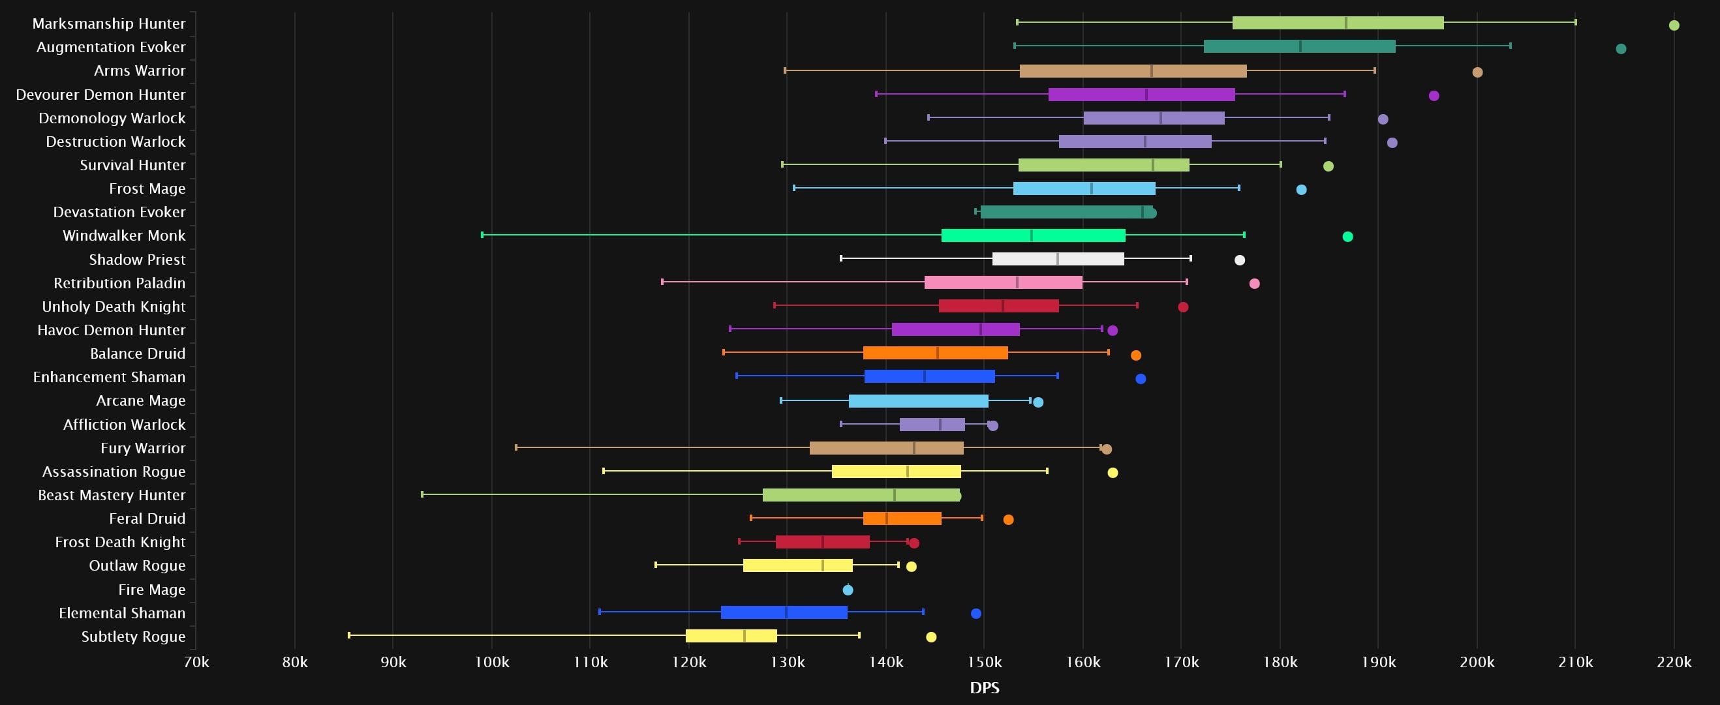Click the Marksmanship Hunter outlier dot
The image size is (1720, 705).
click(1673, 25)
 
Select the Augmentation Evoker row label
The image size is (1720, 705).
click(111, 48)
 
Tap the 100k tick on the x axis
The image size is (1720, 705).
click(491, 662)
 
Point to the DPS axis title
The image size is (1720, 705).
click(984, 687)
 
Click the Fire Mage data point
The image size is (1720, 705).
click(848, 590)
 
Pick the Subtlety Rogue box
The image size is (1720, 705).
click(731, 637)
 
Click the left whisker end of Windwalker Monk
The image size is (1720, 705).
click(482, 235)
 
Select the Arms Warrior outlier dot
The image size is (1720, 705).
click(1477, 72)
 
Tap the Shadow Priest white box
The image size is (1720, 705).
click(1058, 259)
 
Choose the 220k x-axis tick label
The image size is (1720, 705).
click(1674, 662)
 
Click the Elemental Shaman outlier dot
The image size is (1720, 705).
click(975, 614)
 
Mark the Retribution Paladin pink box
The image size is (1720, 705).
click(1003, 282)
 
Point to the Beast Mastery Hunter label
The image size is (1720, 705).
click(112, 496)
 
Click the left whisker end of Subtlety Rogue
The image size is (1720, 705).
click(349, 636)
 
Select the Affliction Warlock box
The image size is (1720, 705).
click(932, 425)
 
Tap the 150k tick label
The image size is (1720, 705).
click(984, 662)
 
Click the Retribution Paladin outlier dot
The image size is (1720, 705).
click(1254, 284)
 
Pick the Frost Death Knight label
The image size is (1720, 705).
click(120, 542)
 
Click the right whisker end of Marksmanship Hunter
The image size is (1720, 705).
click(1576, 22)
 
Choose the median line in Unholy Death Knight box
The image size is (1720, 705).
click(1003, 306)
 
